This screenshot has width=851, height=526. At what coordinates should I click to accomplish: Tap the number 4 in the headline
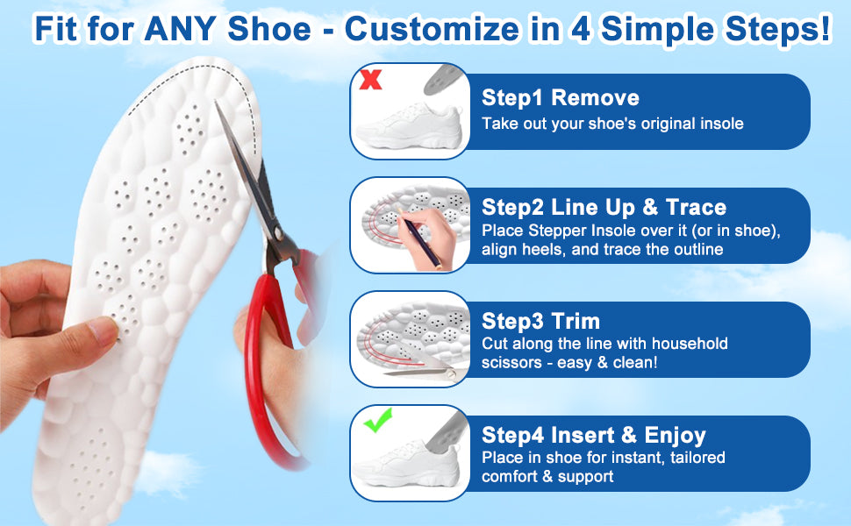coord(580,29)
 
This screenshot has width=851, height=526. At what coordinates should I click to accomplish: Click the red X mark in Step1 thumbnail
coord(371,79)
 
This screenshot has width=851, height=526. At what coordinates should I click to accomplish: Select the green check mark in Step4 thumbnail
coord(378,420)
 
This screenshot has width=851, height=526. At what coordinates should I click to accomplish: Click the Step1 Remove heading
coord(560,97)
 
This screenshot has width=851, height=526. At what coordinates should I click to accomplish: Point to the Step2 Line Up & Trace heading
coord(604,207)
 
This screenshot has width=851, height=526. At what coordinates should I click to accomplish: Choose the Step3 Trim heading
coord(540,321)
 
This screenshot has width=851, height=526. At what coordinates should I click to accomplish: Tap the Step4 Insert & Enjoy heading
coord(593,435)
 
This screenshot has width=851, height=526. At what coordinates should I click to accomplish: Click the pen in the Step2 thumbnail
coord(419,238)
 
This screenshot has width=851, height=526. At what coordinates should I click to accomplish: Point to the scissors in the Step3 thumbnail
coord(426,369)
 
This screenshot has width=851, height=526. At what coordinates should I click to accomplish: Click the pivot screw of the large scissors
coord(278,234)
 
